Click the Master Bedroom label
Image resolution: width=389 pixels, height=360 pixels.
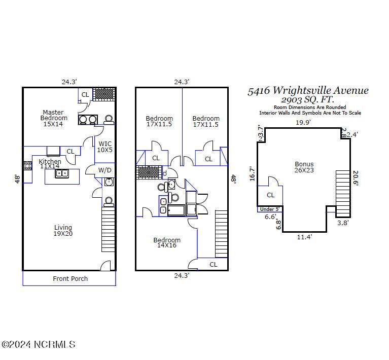54,118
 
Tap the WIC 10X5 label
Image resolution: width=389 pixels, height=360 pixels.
104,147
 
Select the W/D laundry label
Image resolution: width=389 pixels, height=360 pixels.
104,170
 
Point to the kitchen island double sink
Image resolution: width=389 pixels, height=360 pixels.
62,173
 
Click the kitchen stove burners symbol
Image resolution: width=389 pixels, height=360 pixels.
27,166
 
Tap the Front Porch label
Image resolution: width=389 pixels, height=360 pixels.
70,279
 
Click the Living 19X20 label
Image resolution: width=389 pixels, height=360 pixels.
63,230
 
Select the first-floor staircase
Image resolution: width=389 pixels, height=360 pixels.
108,230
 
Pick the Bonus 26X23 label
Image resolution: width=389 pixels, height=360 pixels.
304,167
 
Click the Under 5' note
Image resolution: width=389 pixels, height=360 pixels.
269,209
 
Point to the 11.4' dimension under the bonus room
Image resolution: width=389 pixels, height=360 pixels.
304,237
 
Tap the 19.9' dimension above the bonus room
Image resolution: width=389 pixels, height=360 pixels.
303,122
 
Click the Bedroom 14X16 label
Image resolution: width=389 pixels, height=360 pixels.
167,242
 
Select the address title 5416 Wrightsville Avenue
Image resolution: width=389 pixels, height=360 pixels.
308,91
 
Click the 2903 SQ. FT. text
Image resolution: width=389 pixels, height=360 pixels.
307,99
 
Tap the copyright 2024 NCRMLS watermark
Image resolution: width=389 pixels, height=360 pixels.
39,344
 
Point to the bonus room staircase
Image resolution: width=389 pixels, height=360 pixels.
343,194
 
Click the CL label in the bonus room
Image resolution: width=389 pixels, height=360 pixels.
270,195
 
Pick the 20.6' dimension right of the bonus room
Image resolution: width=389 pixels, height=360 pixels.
355,178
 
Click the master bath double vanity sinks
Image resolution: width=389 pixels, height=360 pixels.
88,120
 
